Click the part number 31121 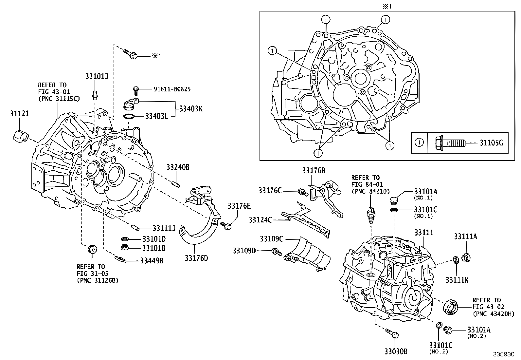(x=19, y=114)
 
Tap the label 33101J (x=97, y=77)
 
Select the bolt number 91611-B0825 (x=172, y=89)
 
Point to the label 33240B (x=178, y=167)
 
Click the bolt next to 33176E (x=226, y=225)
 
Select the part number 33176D (x=196, y=258)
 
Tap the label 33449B (x=152, y=261)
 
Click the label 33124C (x=260, y=220)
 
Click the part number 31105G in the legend (x=491, y=143)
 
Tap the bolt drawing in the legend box (x=448, y=143)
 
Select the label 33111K (x=457, y=280)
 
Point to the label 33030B (x=396, y=351)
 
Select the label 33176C (x=270, y=191)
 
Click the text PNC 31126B (x=98, y=280)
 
